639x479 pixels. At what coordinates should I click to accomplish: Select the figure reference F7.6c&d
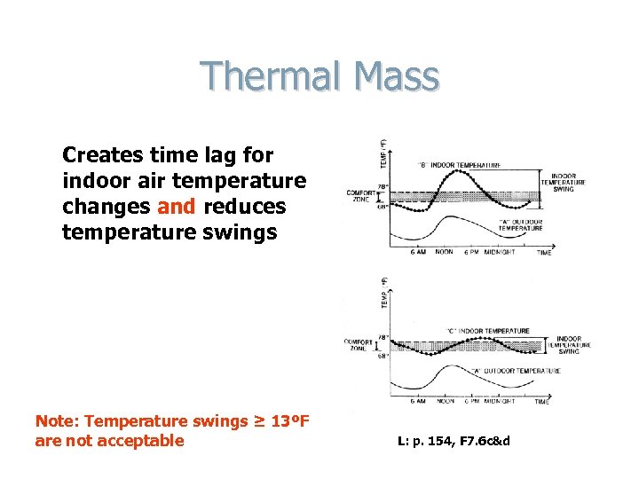(484, 441)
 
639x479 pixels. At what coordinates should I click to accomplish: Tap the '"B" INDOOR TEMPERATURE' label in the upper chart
(460, 165)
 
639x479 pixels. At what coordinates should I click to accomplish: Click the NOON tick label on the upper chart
(445, 252)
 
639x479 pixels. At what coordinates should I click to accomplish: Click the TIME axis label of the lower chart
(542, 402)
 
